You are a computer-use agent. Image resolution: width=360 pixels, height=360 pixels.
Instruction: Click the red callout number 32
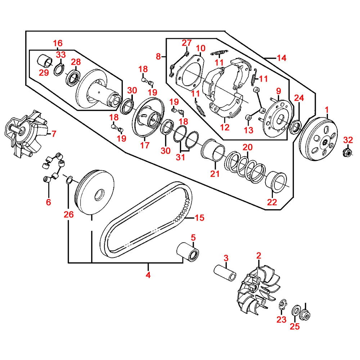(x=348, y=140)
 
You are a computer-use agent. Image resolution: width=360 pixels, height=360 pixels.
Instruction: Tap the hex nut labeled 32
(x=347, y=152)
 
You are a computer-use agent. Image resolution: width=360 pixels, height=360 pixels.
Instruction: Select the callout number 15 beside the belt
(x=199, y=218)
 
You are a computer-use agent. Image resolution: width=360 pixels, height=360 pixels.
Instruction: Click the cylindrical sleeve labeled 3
(x=225, y=273)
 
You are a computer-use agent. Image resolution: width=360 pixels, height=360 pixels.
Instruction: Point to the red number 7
(x=54, y=134)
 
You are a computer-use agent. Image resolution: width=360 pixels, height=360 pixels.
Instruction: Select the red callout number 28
(x=76, y=62)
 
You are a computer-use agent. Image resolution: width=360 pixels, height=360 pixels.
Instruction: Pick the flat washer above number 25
(x=296, y=311)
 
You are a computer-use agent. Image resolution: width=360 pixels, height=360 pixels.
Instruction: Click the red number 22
(x=272, y=202)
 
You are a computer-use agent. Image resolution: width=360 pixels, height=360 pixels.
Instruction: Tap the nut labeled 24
(x=296, y=127)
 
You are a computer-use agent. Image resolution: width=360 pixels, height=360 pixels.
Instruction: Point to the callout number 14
(x=282, y=58)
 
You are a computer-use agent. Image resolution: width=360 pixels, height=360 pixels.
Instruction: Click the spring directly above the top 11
(x=219, y=53)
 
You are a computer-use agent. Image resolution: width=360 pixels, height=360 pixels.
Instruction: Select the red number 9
(x=279, y=91)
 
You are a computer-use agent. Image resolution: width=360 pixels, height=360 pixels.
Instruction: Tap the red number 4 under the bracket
(x=148, y=275)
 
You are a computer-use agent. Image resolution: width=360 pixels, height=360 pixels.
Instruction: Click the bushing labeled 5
(x=188, y=252)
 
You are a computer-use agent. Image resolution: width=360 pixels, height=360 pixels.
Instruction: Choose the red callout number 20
(x=248, y=147)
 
